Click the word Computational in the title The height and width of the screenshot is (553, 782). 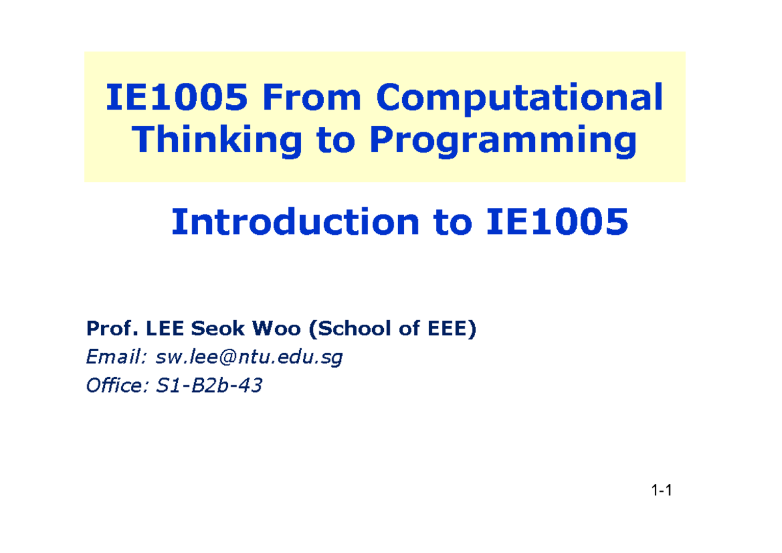click(520, 98)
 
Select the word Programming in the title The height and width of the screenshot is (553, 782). click(502, 141)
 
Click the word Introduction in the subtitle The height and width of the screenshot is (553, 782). click(293, 222)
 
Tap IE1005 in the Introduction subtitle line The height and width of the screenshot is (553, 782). click(557, 222)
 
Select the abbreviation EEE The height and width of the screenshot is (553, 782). click(447, 329)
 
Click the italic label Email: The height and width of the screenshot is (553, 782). click(113, 357)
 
